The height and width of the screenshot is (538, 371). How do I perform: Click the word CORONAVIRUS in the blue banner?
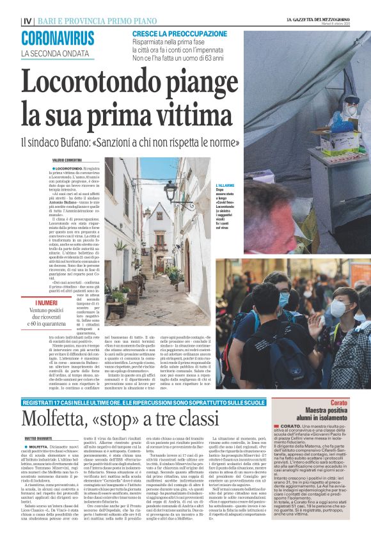[x=58, y=38]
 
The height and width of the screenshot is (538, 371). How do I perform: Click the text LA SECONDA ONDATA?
[x=49, y=52]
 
